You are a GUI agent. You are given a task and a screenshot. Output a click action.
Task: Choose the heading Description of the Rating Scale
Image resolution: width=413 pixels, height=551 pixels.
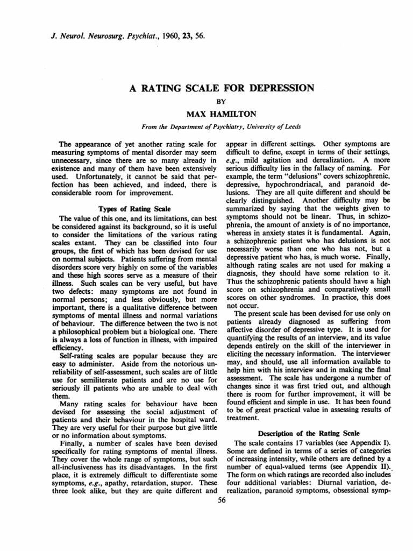[303, 433]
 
